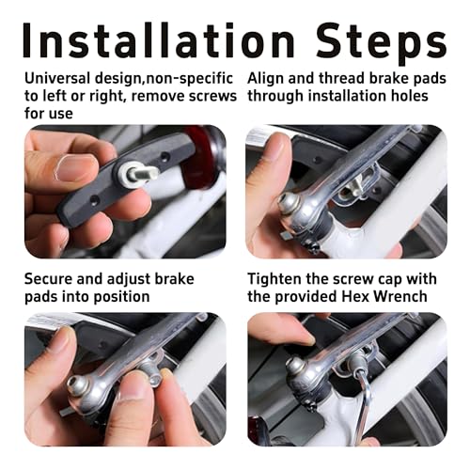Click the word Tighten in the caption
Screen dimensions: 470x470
[278, 278]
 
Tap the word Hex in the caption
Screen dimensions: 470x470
[369, 297]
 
